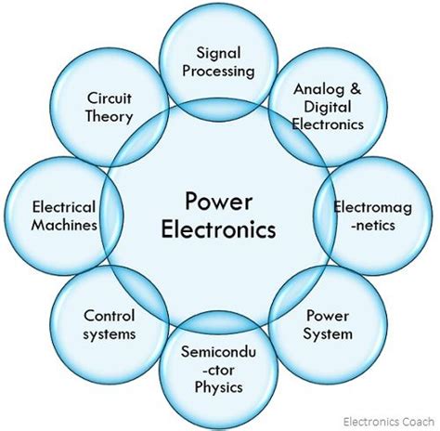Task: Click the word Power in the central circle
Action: pos(218,202)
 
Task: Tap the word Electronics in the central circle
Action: pos(218,229)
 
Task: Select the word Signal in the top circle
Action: pos(218,54)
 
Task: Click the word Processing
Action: pos(218,72)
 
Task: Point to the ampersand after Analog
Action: pos(356,89)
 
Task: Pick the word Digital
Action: pos(328,107)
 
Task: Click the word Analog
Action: pos(319,89)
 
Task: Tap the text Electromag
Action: pos(372,207)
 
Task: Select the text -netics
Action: pos(372,225)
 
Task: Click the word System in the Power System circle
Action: pos(328,334)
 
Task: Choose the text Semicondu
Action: pos(218,352)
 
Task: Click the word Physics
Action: pos(218,387)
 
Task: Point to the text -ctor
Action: pos(218,370)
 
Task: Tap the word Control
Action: pos(110,316)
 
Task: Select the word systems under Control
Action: pos(110,334)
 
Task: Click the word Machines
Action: pos(64,225)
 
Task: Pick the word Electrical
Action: pos(64,207)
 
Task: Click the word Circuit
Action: pos(110,98)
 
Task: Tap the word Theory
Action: pos(110,116)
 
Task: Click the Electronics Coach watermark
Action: pos(389,422)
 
